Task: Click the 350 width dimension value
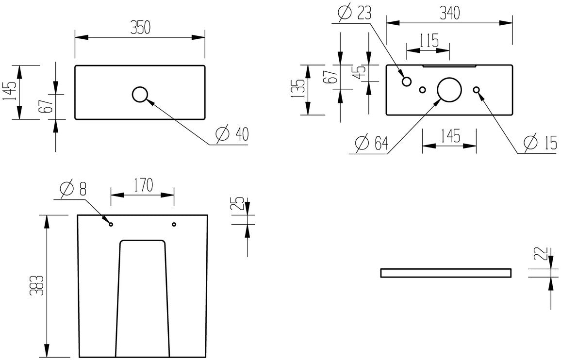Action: pos(140,28)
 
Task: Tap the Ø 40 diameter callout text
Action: pos(231,134)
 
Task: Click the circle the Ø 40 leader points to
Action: pos(140,95)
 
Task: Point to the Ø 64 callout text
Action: pos(371,143)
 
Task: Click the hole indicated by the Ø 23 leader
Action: pos(407,82)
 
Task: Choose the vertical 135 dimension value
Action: pos(300,89)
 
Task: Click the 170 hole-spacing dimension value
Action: pos(142,185)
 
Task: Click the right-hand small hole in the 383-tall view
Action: pos(174,224)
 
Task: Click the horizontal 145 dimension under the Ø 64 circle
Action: pos(449,137)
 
